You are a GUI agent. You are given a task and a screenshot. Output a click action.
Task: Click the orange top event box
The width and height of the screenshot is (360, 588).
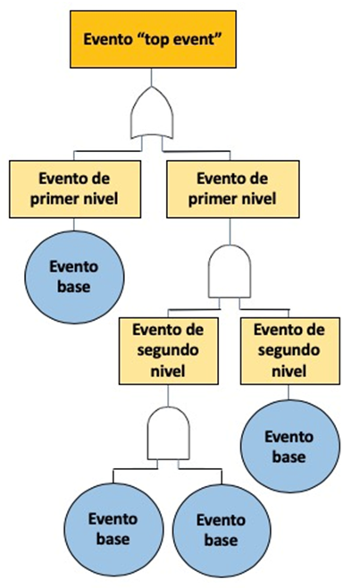point(153,39)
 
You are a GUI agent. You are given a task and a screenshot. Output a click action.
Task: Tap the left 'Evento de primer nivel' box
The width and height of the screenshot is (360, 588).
point(75,189)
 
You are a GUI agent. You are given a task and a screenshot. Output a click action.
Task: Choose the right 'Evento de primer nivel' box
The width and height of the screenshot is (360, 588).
point(233,189)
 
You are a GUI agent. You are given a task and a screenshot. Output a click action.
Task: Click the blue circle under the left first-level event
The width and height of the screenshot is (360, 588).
point(74,277)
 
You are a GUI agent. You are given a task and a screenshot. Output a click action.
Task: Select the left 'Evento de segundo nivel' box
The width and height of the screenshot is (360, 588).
point(168,350)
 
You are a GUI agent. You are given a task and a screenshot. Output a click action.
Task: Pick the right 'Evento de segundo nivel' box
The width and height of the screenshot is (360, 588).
point(289,350)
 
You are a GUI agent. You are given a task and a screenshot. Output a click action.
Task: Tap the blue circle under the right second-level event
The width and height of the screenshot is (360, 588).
point(289,446)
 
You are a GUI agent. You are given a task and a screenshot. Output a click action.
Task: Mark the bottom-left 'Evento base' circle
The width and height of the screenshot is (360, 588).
point(113,529)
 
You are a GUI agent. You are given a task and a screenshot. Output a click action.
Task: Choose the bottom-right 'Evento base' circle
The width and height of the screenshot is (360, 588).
point(222,530)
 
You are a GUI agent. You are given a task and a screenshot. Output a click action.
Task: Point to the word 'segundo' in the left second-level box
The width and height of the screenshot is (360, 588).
point(168,350)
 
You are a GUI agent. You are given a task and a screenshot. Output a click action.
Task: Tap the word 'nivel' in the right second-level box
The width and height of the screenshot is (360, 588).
point(289,371)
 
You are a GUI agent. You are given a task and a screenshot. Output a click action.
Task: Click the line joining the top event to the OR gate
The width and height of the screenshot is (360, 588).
point(151,77)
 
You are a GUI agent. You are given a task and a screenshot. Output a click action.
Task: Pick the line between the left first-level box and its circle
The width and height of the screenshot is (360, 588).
point(74,224)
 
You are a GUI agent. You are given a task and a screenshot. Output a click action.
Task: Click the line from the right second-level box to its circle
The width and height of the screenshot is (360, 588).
point(289,392)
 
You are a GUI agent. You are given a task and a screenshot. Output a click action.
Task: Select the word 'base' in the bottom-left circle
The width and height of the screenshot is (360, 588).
point(113,539)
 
